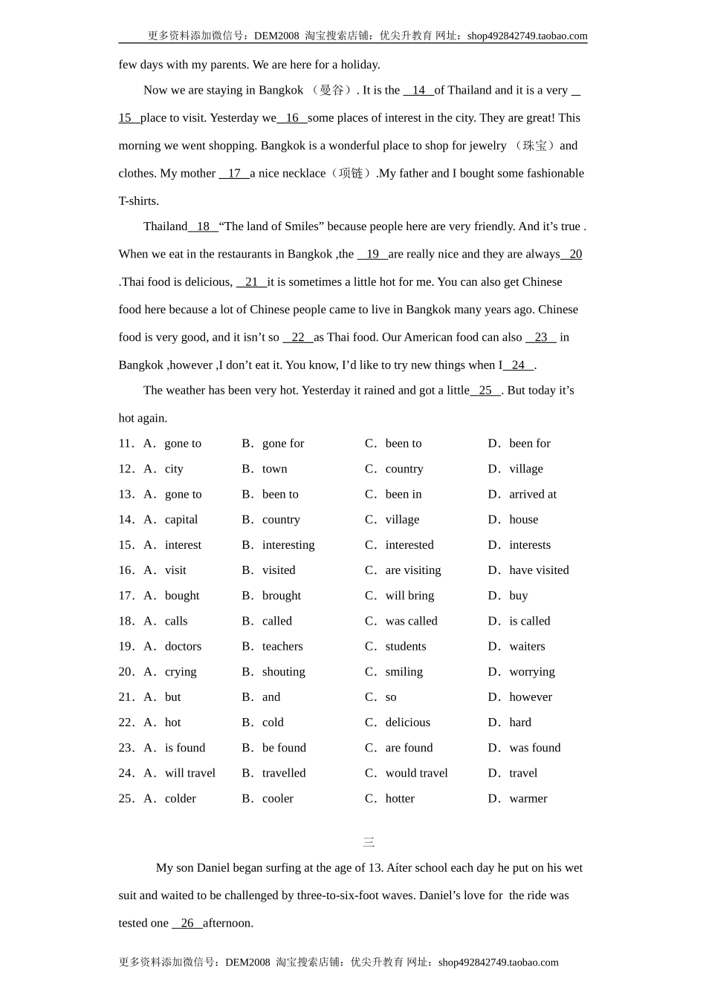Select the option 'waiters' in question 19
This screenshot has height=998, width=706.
tap(527, 647)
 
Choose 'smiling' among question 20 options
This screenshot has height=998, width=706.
tap(404, 672)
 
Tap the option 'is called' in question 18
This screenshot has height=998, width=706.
tap(529, 622)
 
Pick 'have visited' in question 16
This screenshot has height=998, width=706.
tap(539, 570)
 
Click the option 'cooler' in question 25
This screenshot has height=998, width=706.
tap(277, 799)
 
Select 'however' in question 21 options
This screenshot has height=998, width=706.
tap(531, 697)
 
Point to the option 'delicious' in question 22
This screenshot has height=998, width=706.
tap(407, 723)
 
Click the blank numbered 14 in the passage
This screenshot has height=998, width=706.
tap(418, 91)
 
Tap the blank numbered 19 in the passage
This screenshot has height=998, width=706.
tap(372, 255)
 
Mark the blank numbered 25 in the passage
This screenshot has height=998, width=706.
tap(486, 391)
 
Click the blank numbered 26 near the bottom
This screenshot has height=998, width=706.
tap(187, 924)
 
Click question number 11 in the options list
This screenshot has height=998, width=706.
tap(126, 444)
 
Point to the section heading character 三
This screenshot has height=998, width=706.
tap(369, 843)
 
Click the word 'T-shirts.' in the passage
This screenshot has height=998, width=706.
tap(139, 201)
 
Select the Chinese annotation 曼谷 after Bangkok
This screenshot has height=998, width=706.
tap(331, 91)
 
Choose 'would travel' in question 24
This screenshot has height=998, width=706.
tap(416, 774)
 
